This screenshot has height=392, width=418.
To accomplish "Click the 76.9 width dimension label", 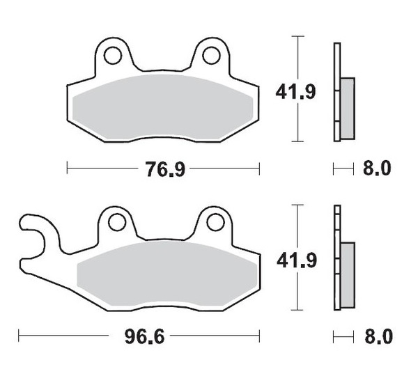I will [x=165, y=168].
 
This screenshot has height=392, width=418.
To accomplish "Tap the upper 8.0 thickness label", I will [x=377, y=168].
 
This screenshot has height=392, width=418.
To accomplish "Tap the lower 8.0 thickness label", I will [x=377, y=337].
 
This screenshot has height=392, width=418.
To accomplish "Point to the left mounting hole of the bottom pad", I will [x=116, y=222].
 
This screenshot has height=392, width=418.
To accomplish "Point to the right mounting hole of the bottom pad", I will [x=215, y=222].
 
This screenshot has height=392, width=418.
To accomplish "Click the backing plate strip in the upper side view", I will [x=338, y=91].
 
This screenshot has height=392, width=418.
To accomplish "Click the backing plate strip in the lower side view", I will [x=338, y=258].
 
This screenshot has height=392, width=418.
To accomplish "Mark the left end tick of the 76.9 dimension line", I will [x=67, y=168].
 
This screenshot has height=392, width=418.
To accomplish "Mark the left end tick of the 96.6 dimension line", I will [x=19, y=337].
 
